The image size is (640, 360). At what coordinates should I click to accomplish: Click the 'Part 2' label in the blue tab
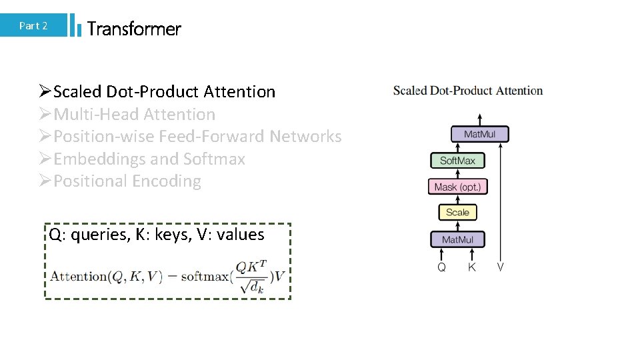click(33, 26)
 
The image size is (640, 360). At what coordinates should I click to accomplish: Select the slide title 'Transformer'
click(134, 29)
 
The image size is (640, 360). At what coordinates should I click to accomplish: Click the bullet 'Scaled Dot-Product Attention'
click(164, 92)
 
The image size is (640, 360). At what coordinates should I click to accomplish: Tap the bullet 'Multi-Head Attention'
click(134, 115)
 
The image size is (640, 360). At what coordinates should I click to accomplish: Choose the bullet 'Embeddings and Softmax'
click(149, 159)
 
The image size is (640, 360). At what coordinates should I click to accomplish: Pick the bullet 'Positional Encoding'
click(127, 181)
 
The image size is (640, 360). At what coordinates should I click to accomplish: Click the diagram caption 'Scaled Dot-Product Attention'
click(468, 91)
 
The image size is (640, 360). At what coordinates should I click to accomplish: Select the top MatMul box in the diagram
click(480, 134)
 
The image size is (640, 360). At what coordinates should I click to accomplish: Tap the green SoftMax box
click(457, 161)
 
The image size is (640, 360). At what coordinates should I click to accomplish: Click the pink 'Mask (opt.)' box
click(457, 187)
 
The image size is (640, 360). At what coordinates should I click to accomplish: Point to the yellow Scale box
click(457, 213)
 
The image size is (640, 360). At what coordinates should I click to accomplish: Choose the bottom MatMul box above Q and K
click(457, 239)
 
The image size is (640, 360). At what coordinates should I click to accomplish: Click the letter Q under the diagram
click(441, 267)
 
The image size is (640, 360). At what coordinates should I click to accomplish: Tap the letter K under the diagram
click(472, 267)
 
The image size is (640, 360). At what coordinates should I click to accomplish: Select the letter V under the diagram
click(500, 267)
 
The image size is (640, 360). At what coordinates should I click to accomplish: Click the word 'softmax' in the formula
click(202, 277)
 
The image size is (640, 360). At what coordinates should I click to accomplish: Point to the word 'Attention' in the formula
click(79, 277)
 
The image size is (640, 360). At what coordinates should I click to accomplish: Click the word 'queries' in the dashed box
click(97, 235)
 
